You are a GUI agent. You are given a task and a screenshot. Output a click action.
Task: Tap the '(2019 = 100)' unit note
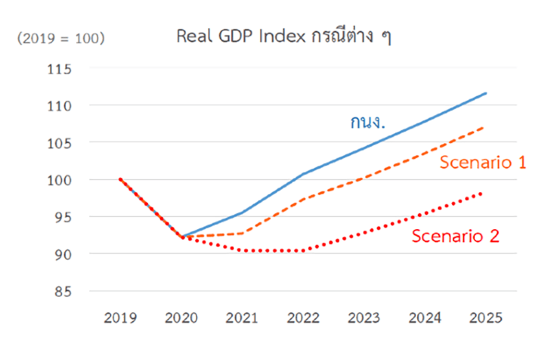coord(62,38)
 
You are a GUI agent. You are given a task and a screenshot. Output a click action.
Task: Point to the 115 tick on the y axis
coord(60,68)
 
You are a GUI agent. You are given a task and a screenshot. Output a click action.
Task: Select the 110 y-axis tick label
coord(60,105)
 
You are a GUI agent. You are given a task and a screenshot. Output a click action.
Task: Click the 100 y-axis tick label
coord(60,180)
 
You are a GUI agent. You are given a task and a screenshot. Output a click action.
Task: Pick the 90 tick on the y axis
coord(63,254)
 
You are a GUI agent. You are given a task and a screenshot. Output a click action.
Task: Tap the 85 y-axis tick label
coord(63,291)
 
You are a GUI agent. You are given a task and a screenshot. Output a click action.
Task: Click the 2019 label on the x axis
coord(120,318)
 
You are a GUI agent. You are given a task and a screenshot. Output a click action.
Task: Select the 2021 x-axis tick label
coord(242,318)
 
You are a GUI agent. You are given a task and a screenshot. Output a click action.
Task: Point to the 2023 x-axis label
coord(364,318)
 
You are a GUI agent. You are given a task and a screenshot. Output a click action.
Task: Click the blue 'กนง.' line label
coord(368,122)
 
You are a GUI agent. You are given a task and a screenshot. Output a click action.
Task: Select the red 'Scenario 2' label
coord(455,236)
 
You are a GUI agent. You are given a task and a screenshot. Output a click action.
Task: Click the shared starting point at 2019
coord(120,179)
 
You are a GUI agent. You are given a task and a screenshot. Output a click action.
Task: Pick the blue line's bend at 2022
coord(303,174)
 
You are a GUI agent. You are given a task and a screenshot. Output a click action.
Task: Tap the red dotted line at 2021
coord(242,250)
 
